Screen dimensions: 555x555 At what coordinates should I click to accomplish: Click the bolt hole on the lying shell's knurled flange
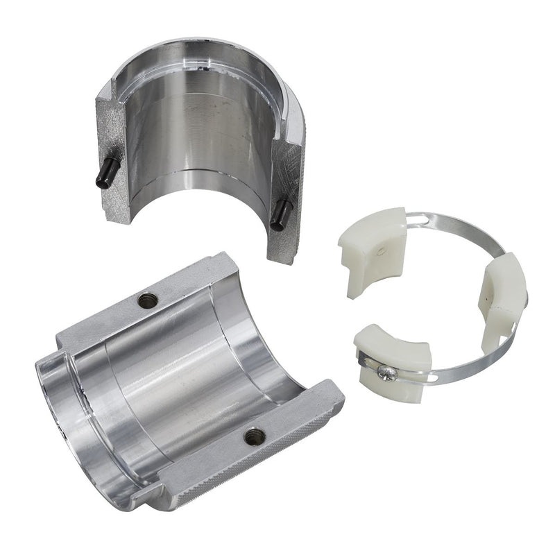click(254, 436)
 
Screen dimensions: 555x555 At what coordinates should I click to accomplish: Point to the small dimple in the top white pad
click(382, 248)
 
